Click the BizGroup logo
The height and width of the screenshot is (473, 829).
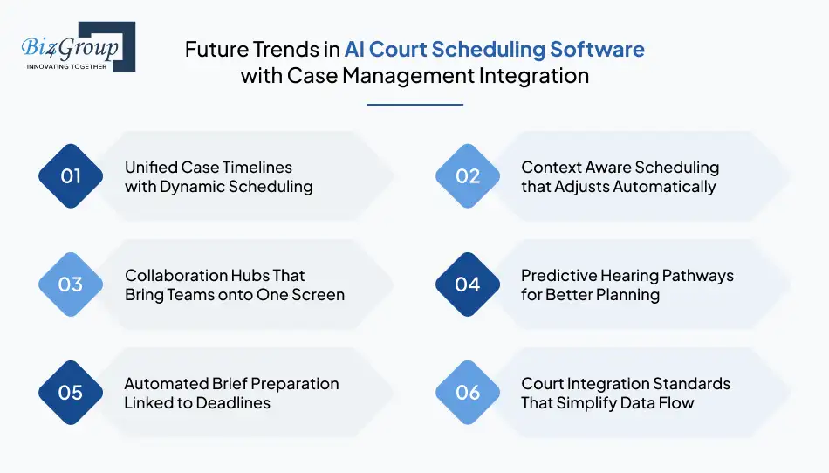click(77, 47)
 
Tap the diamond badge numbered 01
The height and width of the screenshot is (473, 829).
click(71, 176)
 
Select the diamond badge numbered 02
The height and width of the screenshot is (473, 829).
click(468, 176)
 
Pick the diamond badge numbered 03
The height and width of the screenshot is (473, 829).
click(71, 284)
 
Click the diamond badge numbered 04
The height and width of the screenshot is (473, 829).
click(468, 284)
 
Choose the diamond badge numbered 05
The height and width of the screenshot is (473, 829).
click(71, 393)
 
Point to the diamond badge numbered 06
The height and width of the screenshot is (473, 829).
click(468, 393)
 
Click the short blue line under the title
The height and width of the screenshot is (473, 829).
click(414, 105)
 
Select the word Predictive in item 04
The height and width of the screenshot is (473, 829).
click(557, 275)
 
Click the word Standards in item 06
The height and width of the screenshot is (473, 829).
click(689, 383)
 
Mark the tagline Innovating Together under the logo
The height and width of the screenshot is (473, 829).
click(67, 66)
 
